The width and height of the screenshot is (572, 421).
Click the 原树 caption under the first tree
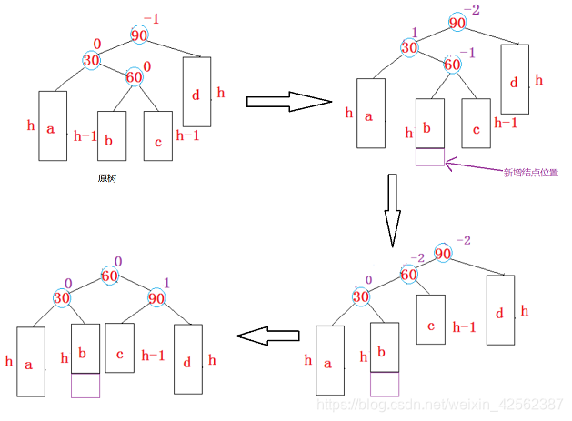(106, 178)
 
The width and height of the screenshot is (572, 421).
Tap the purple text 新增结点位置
(531, 171)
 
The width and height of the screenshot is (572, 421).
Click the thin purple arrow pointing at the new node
(473, 165)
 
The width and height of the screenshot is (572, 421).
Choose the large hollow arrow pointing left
(268, 336)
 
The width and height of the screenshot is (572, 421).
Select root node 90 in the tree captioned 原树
(139, 35)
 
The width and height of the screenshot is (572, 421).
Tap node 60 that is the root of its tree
(111, 276)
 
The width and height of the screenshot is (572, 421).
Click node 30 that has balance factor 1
(409, 47)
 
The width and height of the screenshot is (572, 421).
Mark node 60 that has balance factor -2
(409, 274)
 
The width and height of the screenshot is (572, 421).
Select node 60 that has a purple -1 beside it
(452, 64)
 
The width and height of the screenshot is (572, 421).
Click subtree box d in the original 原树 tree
(197, 92)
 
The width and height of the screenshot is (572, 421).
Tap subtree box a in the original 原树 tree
(52, 126)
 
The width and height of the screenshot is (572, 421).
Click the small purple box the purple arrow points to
(430, 156)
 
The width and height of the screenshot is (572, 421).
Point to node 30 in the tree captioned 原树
(91, 59)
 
